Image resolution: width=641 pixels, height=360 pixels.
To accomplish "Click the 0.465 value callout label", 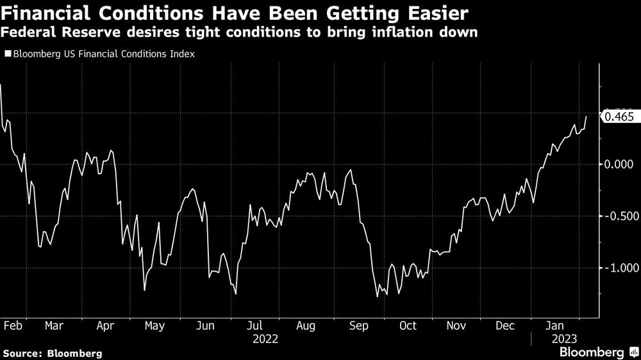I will click(x=619, y=117).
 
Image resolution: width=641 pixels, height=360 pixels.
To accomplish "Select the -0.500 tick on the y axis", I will click(x=620, y=216).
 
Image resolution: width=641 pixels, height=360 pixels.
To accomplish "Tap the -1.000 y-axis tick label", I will click(x=620, y=268).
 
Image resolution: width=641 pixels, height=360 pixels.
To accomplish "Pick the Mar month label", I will click(x=54, y=325).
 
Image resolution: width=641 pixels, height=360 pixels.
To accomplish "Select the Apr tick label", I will click(x=104, y=325).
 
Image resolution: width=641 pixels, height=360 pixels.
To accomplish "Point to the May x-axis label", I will click(x=154, y=325).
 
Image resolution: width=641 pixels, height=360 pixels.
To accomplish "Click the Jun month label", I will click(x=204, y=325).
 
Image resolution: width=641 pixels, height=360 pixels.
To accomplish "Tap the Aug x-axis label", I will click(x=306, y=325).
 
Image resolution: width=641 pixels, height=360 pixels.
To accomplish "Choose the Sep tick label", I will click(x=358, y=325).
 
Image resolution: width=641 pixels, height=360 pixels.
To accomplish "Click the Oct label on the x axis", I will click(x=407, y=325).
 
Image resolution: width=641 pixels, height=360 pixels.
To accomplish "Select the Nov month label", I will click(x=456, y=325).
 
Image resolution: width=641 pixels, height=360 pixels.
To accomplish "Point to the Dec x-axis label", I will click(x=506, y=325).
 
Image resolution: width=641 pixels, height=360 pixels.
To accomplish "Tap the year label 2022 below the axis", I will click(x=265, y=338).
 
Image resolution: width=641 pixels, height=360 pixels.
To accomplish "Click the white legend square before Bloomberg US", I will click(x=8, y=54).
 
